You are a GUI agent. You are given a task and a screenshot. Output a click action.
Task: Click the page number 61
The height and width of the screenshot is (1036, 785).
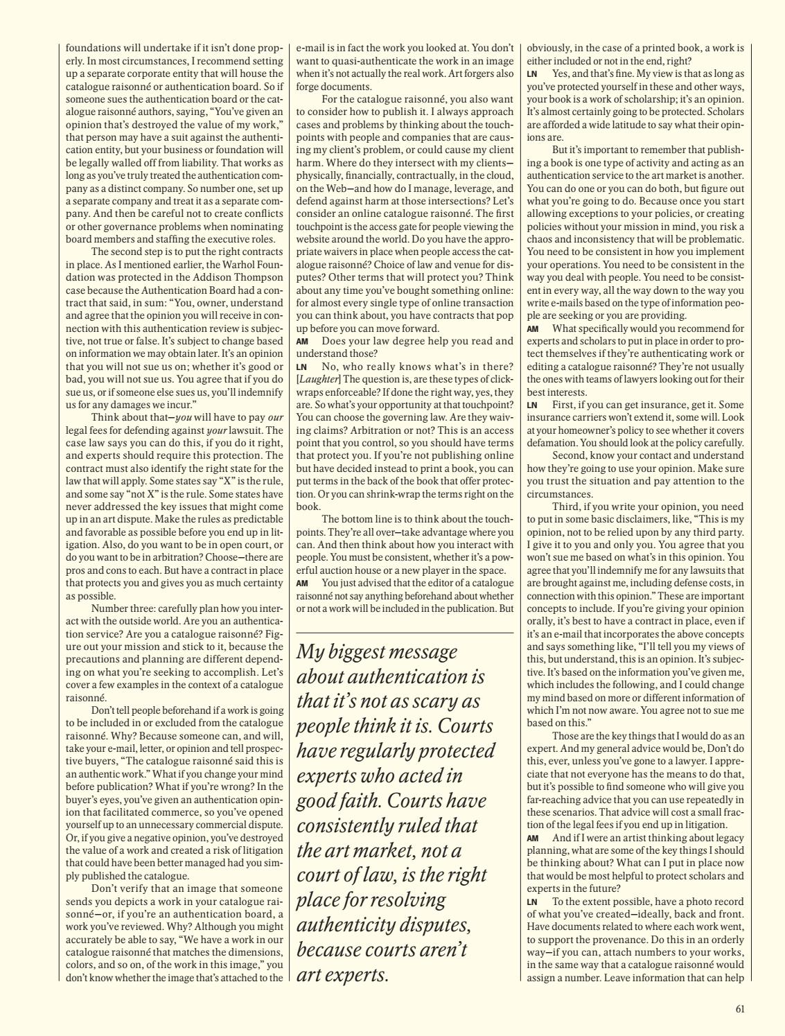(740, 1009)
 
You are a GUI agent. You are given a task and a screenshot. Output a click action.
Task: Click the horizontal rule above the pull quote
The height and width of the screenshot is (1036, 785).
(405, 633)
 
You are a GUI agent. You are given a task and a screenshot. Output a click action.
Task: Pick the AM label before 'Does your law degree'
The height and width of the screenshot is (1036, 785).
(302, 342)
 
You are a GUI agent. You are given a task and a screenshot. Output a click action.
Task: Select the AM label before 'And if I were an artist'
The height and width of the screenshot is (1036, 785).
(532, 838)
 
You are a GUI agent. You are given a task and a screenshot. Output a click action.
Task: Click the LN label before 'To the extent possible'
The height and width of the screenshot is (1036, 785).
(532, 902)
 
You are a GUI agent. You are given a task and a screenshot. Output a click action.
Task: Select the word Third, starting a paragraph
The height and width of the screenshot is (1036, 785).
(568, 507)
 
